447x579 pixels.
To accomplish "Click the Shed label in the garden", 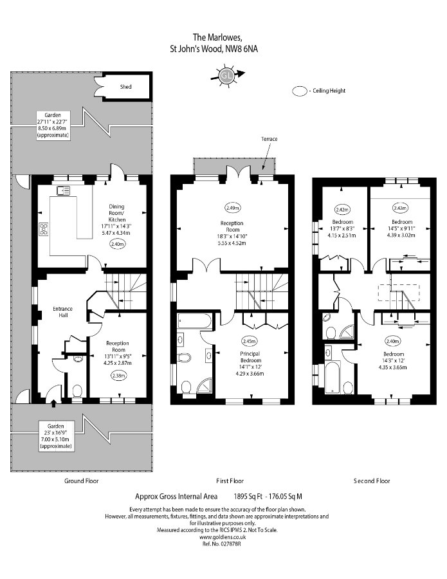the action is (125, 87).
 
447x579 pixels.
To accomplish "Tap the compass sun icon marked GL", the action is (226, 76).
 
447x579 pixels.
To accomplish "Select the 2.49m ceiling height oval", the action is (232, 208).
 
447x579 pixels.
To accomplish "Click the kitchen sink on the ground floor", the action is (63, 190).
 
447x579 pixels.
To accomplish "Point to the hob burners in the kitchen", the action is (44, 229).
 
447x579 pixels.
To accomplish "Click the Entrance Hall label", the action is (63, 312).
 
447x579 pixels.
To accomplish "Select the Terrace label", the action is (269, 139).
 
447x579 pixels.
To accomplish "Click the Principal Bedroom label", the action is (251, 357).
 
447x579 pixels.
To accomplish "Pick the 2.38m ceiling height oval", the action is (118, 376).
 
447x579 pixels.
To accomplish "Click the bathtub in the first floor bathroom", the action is (194, 320).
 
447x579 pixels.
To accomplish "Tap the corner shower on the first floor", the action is (205, 385).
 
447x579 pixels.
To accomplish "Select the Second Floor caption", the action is (372, 481).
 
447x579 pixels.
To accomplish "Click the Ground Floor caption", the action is (81, 481).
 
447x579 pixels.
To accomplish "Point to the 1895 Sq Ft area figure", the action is (248, 497).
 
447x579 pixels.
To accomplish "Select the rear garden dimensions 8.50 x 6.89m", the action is (53, 128).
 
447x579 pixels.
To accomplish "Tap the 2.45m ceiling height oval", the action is (249, 342).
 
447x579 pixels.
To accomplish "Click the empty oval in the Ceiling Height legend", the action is (300, 91).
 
